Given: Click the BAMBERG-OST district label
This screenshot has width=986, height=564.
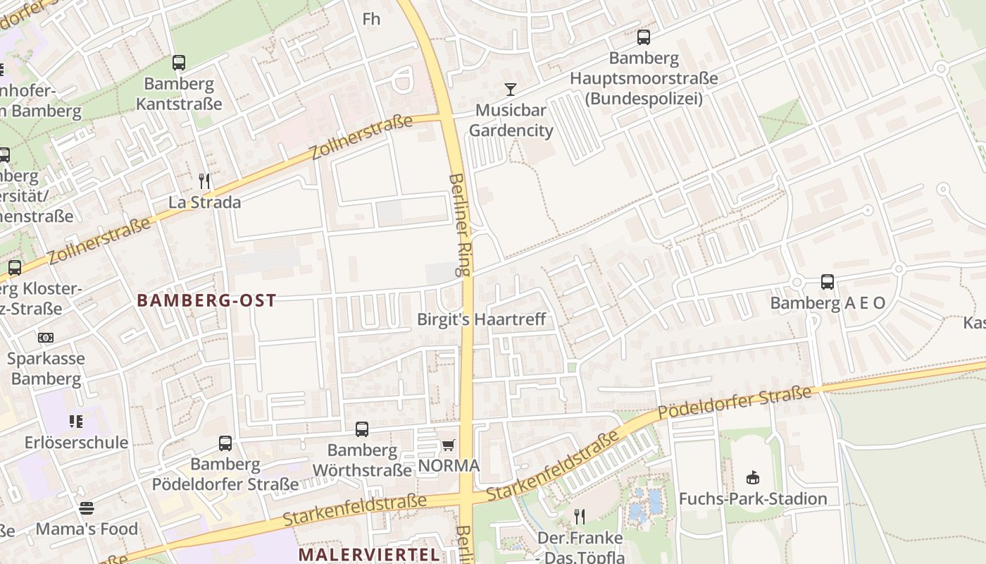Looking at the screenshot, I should click(x=206, y=300).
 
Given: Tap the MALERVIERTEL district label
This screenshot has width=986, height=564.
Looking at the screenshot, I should click(x=370, y=554).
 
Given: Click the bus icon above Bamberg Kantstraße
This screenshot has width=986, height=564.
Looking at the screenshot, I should click(x=179, y=63).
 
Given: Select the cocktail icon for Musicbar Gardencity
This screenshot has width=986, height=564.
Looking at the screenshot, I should click(x=511, y=90).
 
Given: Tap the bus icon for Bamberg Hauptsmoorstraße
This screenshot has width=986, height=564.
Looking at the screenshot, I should click(x=644, y=37).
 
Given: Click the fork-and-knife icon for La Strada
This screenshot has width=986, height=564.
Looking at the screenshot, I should click(x=204, y=181).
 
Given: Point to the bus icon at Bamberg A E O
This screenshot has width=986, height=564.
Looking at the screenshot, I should click(x=828, y=282).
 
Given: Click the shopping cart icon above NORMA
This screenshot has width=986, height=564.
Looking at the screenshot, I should click(x=448, y=445).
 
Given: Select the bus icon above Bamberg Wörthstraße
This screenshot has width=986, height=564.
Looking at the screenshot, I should click(x=362, y=429).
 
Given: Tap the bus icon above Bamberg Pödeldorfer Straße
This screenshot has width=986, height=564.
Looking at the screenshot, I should click(x=225, y=443).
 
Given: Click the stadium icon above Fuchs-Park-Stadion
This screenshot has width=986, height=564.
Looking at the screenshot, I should click(x=753, y=478).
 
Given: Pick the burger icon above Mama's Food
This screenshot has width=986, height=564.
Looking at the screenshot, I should click(x=87, y=508).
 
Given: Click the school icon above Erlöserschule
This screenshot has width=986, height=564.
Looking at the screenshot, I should click(x=76, y=422).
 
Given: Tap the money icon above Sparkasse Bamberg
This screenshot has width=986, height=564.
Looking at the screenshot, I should click(x=46, y=338).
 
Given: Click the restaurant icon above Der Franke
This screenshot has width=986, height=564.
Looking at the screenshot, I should click(x=580, y=517).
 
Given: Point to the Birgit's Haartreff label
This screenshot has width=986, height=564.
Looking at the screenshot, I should click(x=481, y=319).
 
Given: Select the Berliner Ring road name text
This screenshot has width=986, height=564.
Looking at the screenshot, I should click(x=462, y=226).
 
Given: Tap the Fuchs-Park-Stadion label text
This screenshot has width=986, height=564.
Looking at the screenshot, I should click(x=753, y=499).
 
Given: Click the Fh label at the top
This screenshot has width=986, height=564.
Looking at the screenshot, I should click(x=371, y=19).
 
